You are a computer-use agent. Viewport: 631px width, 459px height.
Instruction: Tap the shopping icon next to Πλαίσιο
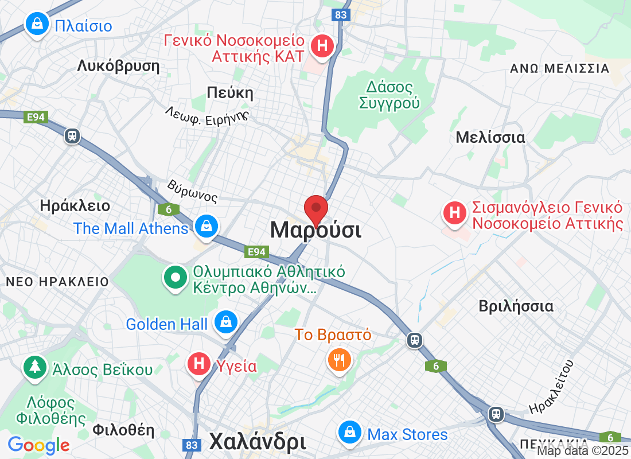coord(37,25)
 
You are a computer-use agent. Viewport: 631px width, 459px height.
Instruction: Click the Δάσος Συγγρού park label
coord(389,95)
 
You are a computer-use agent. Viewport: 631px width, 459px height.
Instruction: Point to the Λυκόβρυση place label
coord(118,66)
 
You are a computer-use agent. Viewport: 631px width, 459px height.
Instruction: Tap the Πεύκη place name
coord(230,93)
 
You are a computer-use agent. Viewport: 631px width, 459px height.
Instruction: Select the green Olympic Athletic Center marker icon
coord(176,278)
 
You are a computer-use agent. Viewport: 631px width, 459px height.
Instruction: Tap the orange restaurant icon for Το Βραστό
coord(338,359)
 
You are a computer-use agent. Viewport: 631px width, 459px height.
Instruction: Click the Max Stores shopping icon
coord(350,433)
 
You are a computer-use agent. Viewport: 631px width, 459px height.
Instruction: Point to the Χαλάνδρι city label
coord(257,442)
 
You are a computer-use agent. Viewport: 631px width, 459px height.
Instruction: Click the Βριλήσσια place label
coord(516,306)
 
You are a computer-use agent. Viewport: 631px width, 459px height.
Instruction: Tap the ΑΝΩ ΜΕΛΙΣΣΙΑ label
coord(559,69)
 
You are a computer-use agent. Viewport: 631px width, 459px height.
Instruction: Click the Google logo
coord(38,445)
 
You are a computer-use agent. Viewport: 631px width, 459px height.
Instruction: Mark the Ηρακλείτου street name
coord(552,388)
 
